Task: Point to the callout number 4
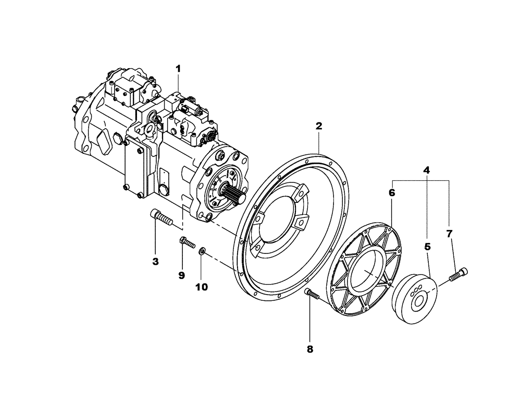click(426, 170)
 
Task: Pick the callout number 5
click(427, 246)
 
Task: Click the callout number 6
click(392, 192)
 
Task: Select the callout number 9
click(182, 275)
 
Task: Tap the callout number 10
click(202, 286)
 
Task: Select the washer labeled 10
click(202, 253)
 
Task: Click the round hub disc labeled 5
click(414, 300)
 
